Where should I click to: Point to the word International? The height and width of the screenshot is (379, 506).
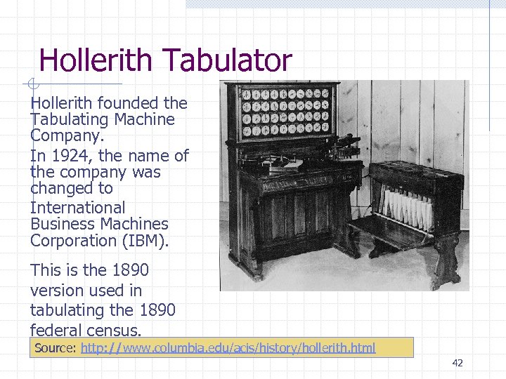coord(78,208)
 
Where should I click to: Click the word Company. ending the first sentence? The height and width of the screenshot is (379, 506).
coord(67,135)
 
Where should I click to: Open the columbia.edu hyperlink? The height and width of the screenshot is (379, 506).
coord(228,348)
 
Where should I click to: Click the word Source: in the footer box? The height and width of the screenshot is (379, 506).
coord(56,348)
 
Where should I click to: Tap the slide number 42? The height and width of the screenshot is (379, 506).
coord(458,363)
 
